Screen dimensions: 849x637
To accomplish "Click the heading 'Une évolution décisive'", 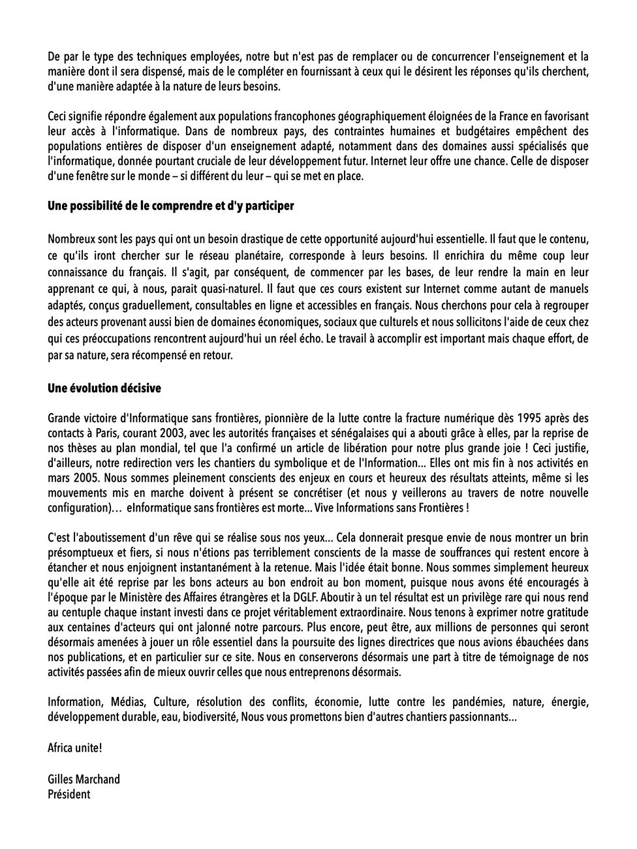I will [x=104, y=388].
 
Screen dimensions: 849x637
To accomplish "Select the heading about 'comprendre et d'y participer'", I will [x=171, y=206].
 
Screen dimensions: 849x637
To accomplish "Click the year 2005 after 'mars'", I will [x=83, y=478].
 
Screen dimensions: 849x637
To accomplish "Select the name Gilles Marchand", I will [x=84, y=779].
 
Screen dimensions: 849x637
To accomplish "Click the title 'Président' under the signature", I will [x=69, y=794].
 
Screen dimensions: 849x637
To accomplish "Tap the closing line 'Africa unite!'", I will [x=75, y=747].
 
